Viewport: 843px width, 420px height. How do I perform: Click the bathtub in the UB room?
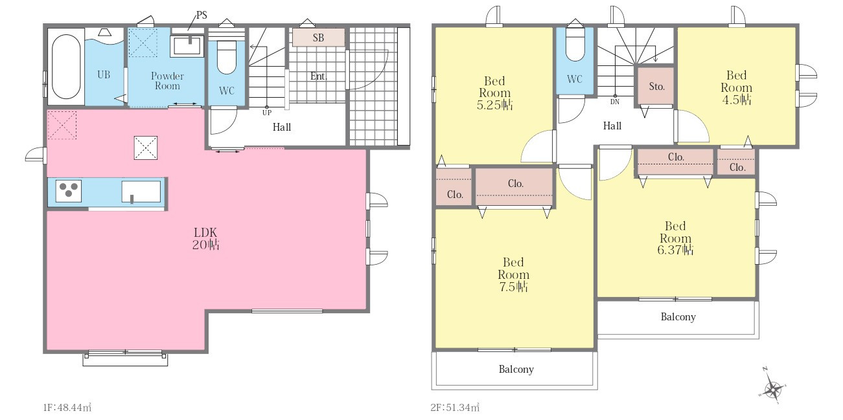point(66,67)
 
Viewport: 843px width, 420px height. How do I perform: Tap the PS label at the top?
point(202,15)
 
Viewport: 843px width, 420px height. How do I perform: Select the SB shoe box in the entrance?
point(318,38)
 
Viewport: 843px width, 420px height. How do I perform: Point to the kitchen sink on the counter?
point(141,192)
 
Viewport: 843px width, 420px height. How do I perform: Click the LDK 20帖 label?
point(205,238)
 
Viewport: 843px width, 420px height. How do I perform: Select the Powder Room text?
point(167,81)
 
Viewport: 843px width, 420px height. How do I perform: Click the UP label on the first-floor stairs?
point(267,113)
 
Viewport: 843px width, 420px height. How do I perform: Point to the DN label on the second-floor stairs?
point(614,102)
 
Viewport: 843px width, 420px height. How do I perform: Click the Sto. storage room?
point(656,86)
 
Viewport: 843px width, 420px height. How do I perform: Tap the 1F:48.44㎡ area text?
point(67,408)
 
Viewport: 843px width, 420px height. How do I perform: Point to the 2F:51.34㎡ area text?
point(455,408)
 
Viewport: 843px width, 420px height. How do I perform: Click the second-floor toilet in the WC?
point(575,45)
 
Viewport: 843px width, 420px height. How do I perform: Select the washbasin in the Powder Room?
point(187,46)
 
